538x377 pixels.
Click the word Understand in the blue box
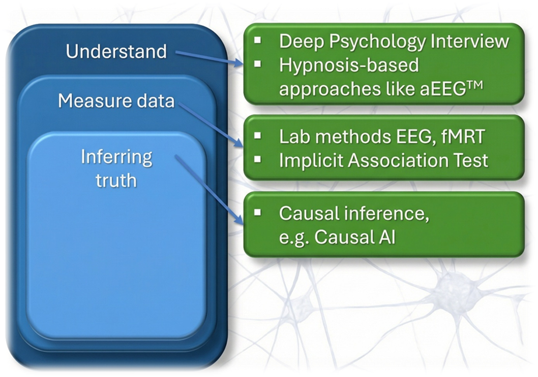[116, 51]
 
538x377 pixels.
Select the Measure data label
[116, 100]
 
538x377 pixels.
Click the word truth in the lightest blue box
[116, 180]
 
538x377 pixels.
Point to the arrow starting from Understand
[208, 57]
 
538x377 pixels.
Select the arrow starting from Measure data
[208, 125]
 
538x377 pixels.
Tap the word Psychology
[375, 41]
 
